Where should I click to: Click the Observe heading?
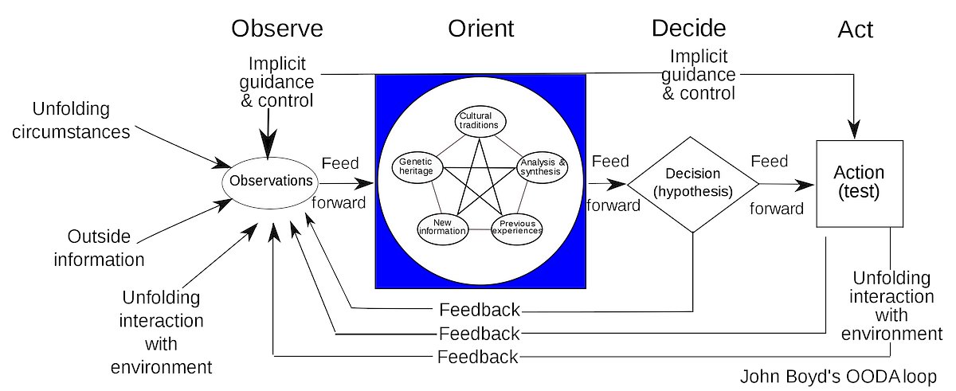[277, 29]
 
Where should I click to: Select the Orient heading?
[480, 29]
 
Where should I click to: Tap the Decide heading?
[688, 29]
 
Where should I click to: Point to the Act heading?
[856, 30]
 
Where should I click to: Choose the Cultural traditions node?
[480, 121]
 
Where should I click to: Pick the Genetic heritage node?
[417, 165]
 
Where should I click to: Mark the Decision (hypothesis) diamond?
[692, 183]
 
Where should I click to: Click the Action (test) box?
[859, 183]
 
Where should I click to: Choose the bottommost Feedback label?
[478, 357]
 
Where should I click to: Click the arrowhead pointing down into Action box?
[855, 127]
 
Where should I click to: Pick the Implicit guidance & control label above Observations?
[281, 82]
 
